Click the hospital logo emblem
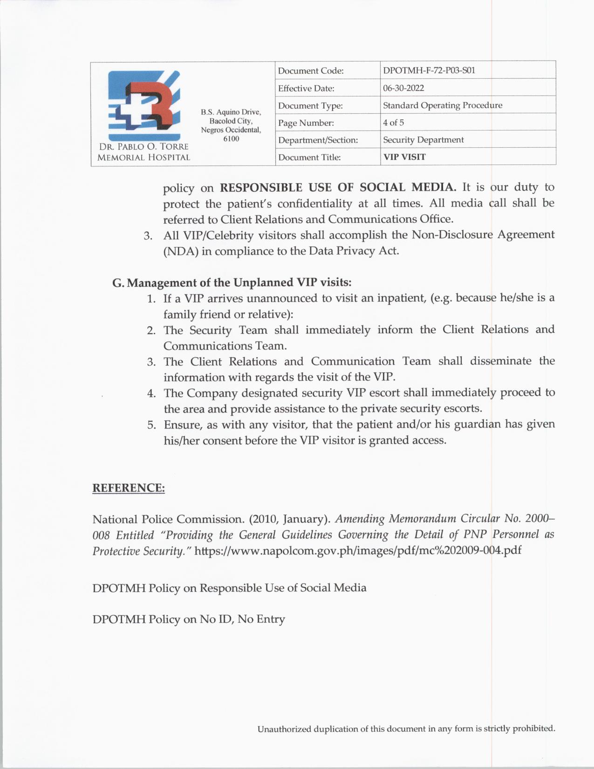(x=144, y=105)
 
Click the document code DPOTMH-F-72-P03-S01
(x=429, y=70)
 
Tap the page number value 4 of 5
(x=393, y=123)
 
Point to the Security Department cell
(x=423, y=140)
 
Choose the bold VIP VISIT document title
(x=404, y=157)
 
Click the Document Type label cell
(x=310, y=106)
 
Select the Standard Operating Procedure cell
(x=442, y=105)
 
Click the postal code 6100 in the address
(x=231, y=139)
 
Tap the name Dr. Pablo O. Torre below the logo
(x=143, y=147)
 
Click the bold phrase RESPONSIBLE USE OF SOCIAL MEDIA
(x=338, y=187)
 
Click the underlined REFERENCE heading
(x=129, y=488)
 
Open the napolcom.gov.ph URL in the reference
(x=357, y=550)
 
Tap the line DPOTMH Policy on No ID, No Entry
(x=189, y=619)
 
